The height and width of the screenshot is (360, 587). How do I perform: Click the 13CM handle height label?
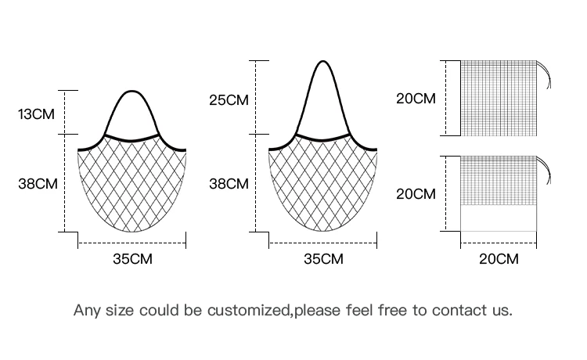pos(37,114)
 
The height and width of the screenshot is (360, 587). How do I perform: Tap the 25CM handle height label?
pos(228,100)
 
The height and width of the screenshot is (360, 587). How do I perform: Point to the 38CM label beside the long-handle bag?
pos(229,184)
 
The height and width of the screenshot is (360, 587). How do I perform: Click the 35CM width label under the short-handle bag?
pos(132,259)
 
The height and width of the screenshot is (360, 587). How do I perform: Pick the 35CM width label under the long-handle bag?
pos(323,259)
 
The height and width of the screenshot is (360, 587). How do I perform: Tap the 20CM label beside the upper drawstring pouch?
pos(416,99)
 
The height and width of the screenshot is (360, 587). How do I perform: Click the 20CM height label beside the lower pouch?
pos(416,194)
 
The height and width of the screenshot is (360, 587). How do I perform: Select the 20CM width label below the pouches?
pos(499,259)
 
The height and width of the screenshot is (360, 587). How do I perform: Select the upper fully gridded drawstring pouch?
pos(498,99)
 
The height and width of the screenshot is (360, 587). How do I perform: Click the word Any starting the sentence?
pos(87,310)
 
